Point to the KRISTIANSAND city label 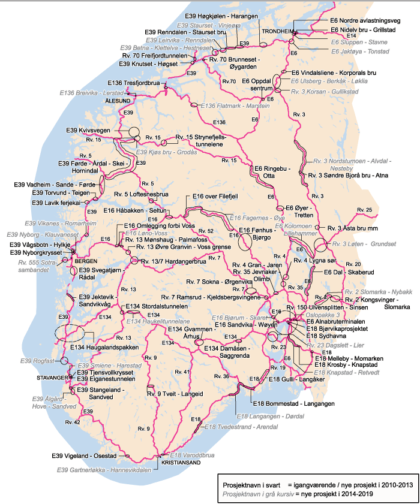(180, 463)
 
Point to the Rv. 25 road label (364, 209)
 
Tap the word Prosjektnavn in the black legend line (241, 481)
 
